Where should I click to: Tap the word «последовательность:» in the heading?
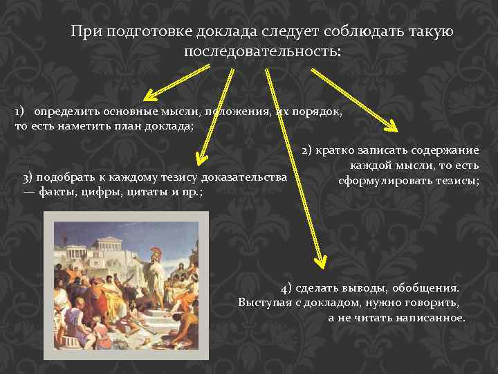click(x=262, y=52)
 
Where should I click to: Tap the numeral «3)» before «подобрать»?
click(x=30, y=177)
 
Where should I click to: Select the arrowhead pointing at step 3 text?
click(x=201, y=159)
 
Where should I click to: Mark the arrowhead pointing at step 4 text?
click(x=319, y=260)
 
